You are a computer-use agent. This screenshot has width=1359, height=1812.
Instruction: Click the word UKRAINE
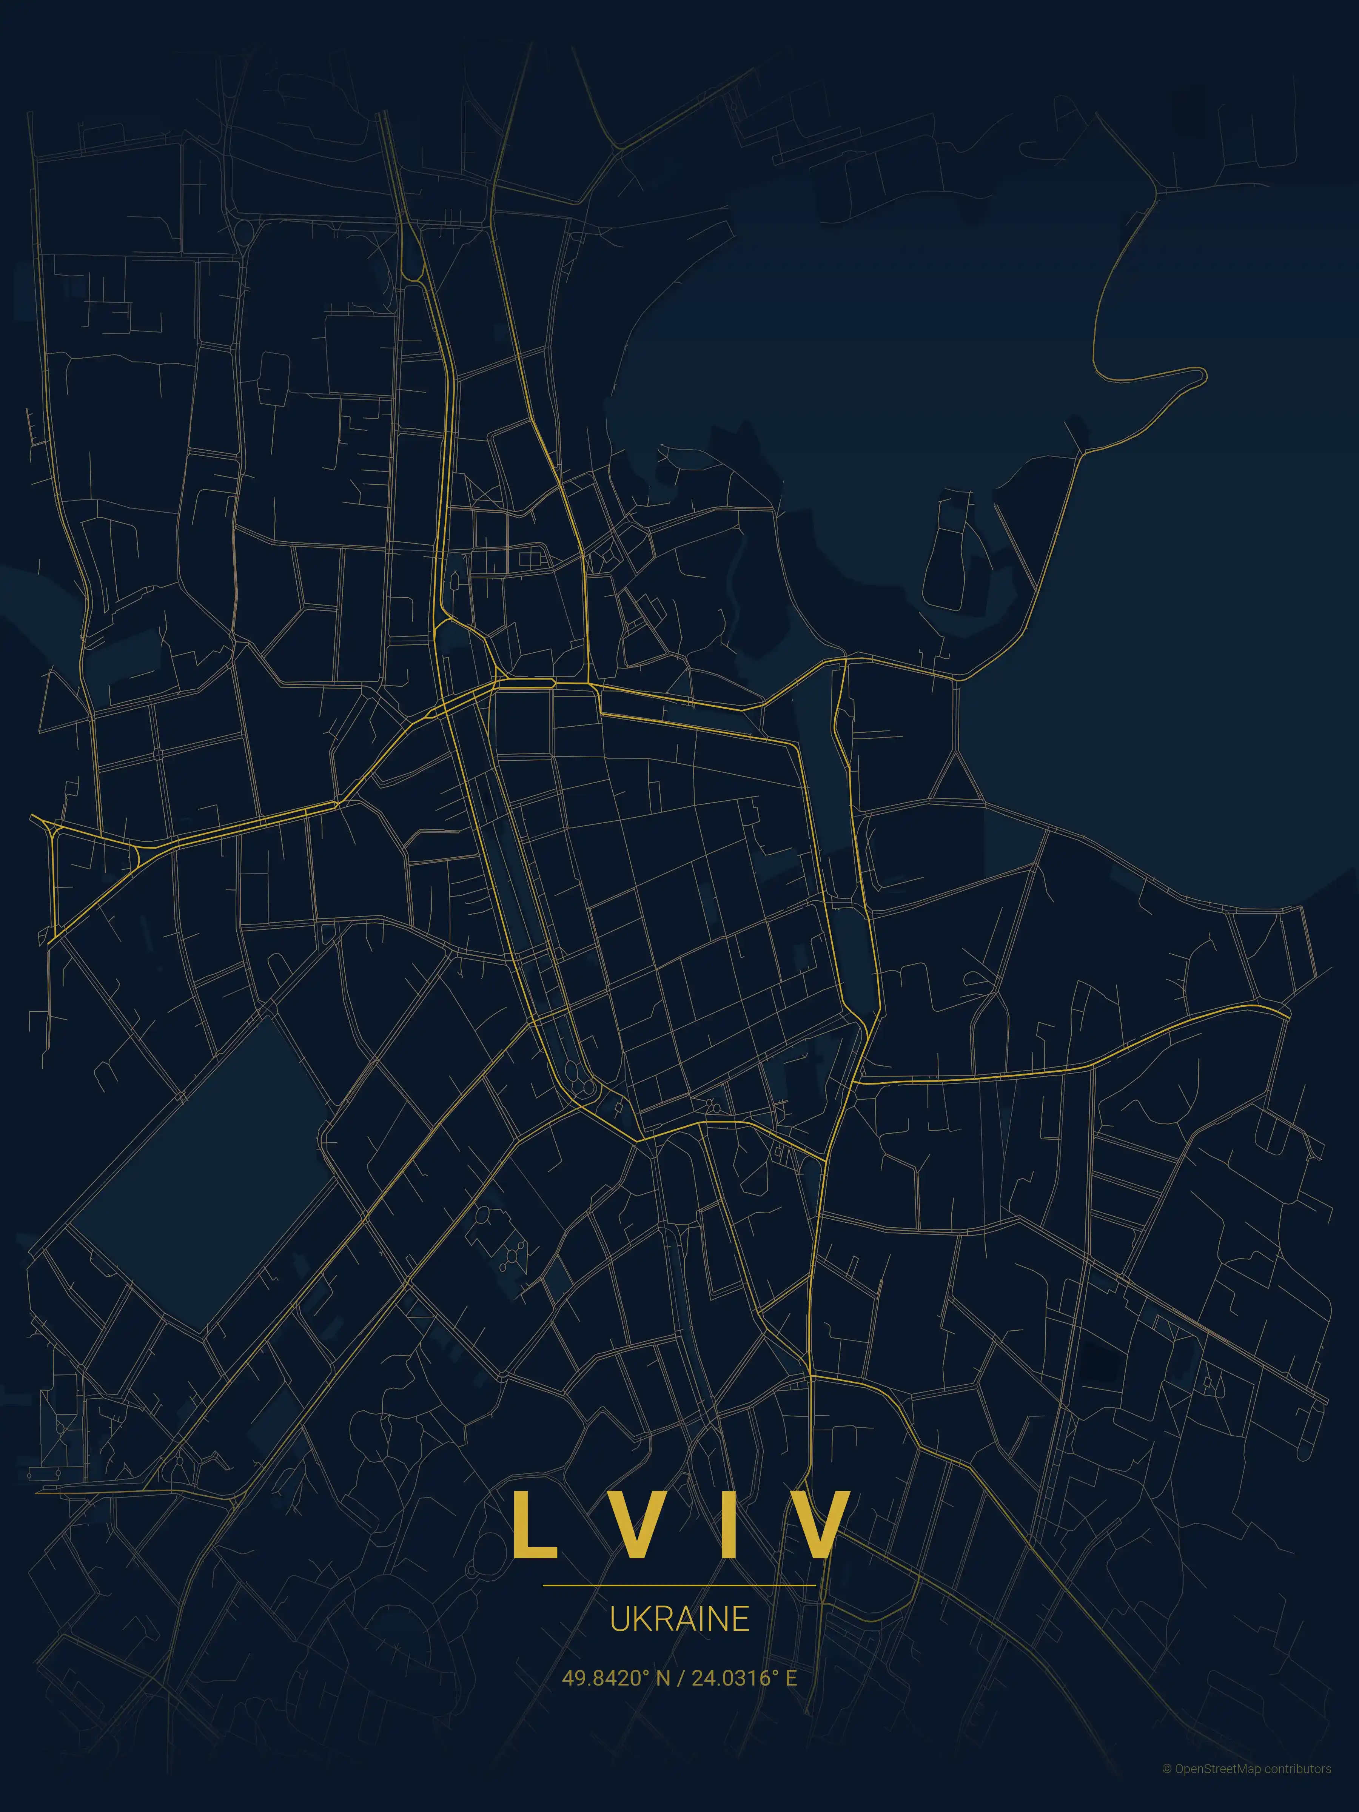tap(679, 1619)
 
